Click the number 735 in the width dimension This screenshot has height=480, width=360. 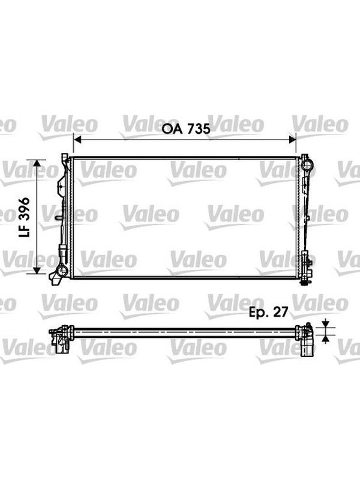tap(199, 129)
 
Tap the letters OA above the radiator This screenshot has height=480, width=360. tap(172, 129)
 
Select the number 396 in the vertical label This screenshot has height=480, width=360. tap(24, 209)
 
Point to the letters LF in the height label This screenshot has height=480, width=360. tap(24, 231)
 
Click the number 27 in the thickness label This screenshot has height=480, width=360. tap(280, 311)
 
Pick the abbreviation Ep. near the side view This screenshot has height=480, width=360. tap(259, 312)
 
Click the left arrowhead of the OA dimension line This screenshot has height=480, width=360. tap(77, 140)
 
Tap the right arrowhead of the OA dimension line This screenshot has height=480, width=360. tap(293, 140)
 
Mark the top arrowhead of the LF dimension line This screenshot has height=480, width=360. tap(37, 163)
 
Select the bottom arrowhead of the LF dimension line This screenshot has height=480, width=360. tap(37, 270)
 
